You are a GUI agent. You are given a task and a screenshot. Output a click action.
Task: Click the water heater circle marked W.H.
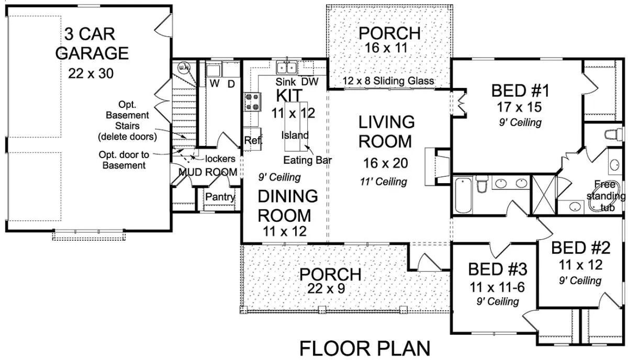[x=184, y=67]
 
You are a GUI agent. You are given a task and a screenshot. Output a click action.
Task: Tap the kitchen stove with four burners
[x=252, y=102]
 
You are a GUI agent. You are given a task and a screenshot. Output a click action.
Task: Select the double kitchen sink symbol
[x=287, y=67]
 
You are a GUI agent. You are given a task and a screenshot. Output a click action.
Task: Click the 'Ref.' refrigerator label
[x=253, y=140]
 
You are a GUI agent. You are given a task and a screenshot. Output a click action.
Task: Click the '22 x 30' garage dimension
[x=91, y=74]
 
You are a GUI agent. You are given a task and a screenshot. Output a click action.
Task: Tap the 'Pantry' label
[x=220, y=197]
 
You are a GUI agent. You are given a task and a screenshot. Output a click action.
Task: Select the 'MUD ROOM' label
[x=208, y=172]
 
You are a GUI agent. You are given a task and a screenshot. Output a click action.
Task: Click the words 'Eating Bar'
[x=307, y=160]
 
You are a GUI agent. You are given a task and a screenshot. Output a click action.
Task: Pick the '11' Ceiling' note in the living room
[x=383, y=182]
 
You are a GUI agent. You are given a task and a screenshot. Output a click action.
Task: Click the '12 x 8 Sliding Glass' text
[x=388, y=81]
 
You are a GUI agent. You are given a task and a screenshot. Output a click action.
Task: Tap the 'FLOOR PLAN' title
[x=365, y=348]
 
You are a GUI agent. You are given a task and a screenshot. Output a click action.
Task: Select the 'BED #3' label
[x=498, y=269]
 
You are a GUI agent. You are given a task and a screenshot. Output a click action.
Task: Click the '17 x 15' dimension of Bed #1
[x=519, y=107]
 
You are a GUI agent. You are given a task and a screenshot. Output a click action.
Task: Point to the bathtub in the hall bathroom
[x=463, y=195]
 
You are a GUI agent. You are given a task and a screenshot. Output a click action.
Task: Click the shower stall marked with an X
[x=544, y=195]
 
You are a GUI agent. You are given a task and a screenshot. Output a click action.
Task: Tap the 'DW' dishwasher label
[x=310, y=82]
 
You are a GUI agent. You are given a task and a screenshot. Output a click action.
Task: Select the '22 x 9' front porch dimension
[x=326, y=288]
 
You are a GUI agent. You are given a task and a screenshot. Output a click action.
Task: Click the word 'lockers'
[x=220, y=159]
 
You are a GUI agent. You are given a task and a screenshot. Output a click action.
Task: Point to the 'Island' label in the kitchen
[x=295, y=135]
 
